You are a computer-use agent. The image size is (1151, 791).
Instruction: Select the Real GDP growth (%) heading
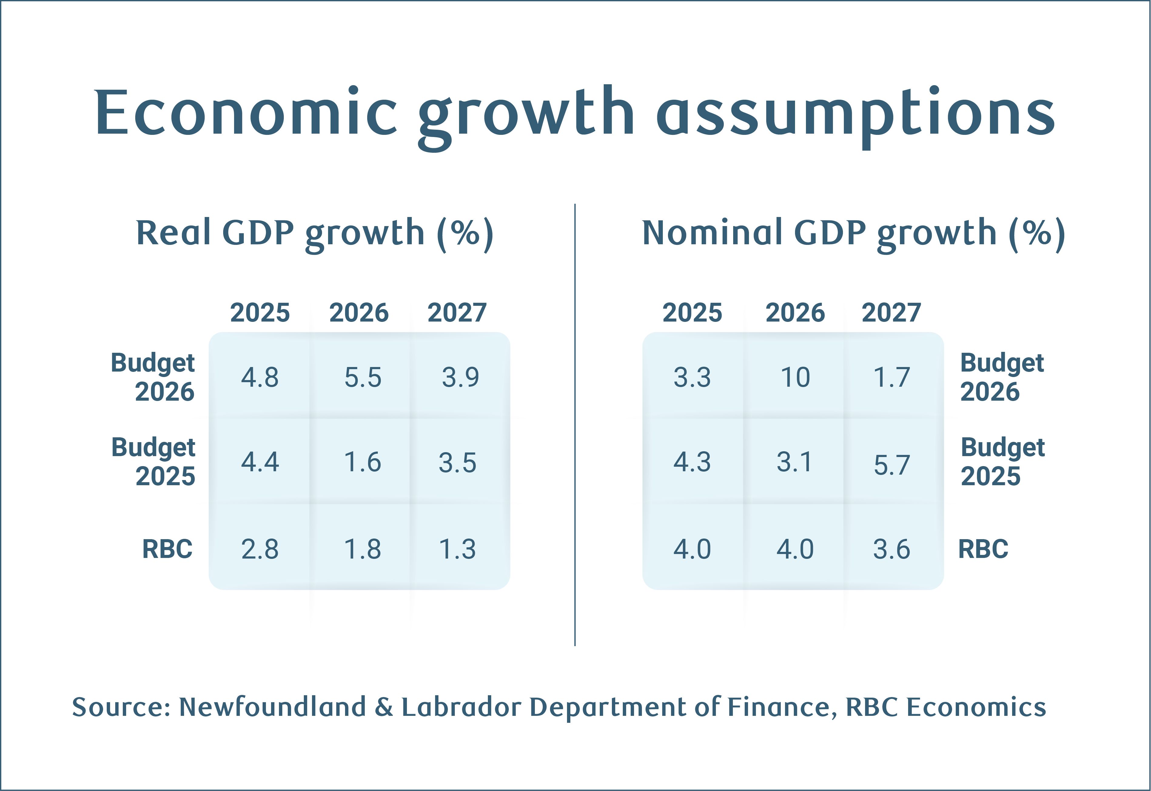[x=315, y=233]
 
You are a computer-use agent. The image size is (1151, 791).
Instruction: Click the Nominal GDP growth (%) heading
[x=853, y=233]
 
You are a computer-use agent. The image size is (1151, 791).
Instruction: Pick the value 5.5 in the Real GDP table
[x=363, y=378]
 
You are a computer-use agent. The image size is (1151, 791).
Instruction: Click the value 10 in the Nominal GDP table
[x=795, y=378]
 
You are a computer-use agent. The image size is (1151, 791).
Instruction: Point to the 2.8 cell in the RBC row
[x=260, y=549]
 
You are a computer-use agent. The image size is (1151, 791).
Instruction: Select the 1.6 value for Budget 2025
[x=363, y=462]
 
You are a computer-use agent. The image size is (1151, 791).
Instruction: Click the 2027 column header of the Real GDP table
[x=457, y=313]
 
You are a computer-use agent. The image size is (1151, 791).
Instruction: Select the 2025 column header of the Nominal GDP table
[x=692, y=313]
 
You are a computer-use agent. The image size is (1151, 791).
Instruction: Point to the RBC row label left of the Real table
[x=167, y=549]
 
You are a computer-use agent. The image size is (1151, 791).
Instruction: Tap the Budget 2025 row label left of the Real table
[x=153, y=462]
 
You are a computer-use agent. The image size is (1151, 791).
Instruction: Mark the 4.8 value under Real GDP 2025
[x=260, y=378]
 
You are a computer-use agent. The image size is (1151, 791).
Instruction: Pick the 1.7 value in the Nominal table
[x=892, y=378]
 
